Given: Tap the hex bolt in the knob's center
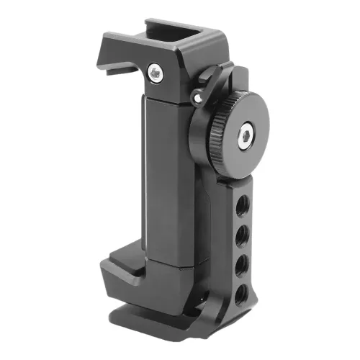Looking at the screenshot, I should tap(246, 133).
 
